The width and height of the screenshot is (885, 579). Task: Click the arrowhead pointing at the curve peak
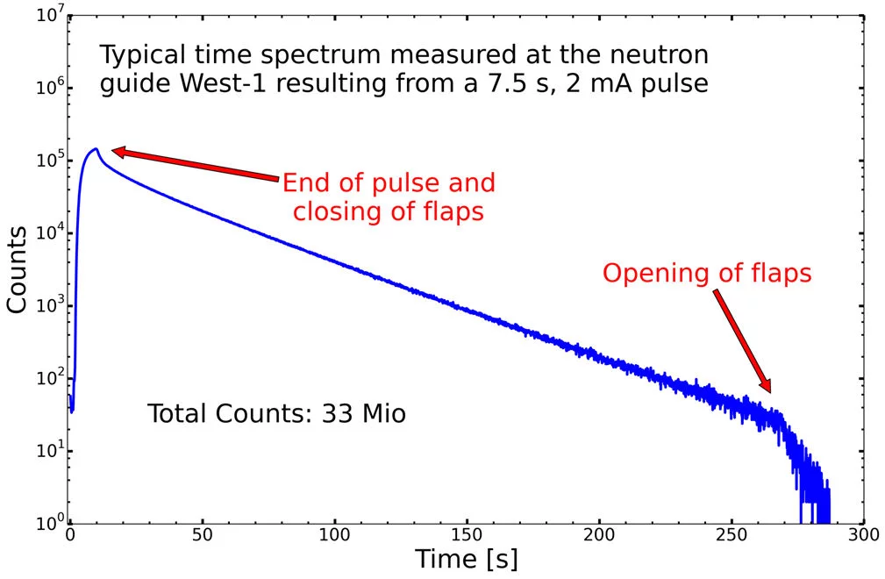coord(118,153)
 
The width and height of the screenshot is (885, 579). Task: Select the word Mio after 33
coord(383,413)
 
